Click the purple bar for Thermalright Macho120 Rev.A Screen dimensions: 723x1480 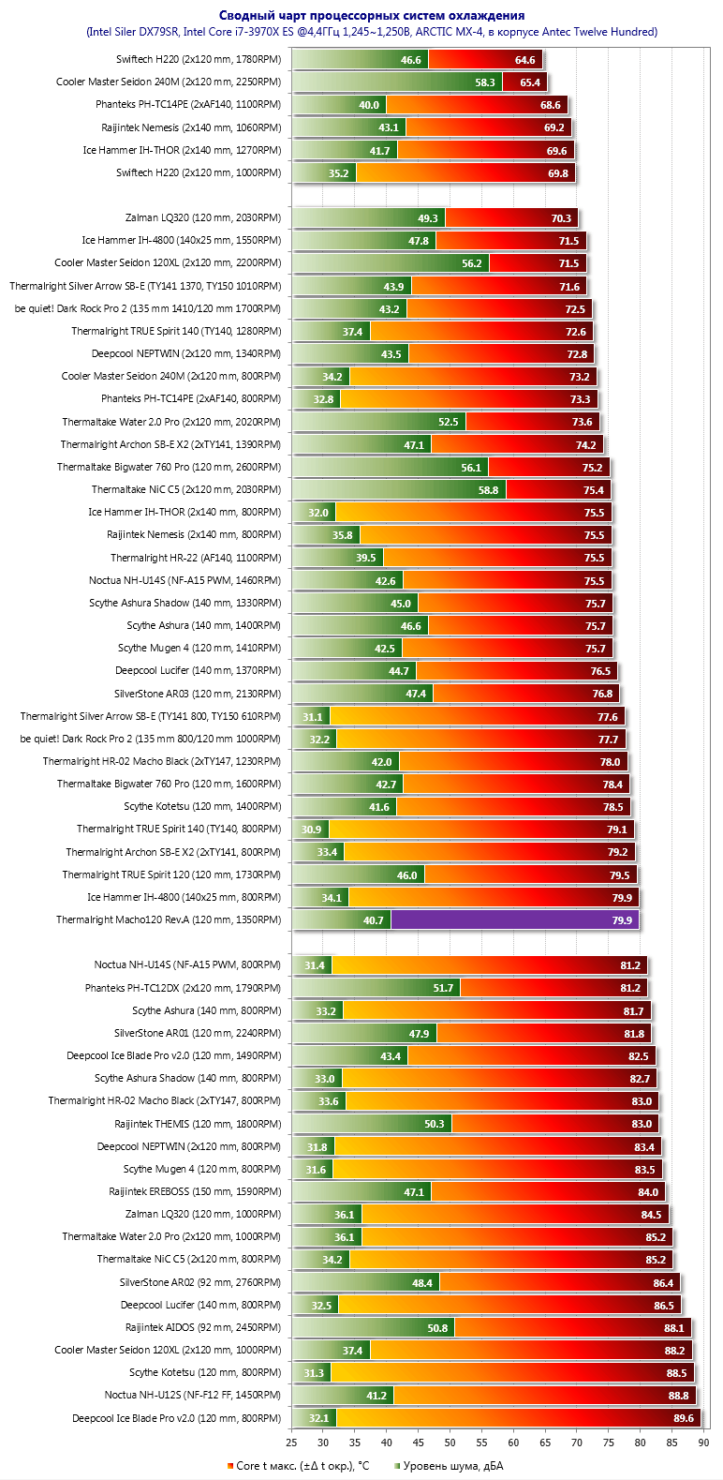514,919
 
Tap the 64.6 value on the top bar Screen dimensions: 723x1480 524,60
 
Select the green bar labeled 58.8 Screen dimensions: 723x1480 399,489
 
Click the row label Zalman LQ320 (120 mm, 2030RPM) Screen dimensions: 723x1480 202,217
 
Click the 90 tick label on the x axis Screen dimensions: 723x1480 704,1443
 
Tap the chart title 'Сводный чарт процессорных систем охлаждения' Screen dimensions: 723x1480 372,15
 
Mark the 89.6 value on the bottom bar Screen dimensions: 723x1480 684,1418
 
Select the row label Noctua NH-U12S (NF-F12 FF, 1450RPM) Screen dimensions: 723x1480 192,1395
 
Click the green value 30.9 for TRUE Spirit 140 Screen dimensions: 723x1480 311,830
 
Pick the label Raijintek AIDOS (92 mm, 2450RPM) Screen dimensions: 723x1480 202,1327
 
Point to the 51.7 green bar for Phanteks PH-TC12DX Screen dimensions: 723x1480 376,988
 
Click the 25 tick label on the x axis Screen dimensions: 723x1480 291,1443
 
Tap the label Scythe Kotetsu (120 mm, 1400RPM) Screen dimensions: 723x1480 202,806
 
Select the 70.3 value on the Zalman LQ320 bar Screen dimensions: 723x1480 561,218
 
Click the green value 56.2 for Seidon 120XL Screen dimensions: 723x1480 471,263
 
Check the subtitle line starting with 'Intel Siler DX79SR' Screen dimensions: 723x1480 372,32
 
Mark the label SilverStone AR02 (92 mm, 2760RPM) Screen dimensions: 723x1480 200,1282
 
